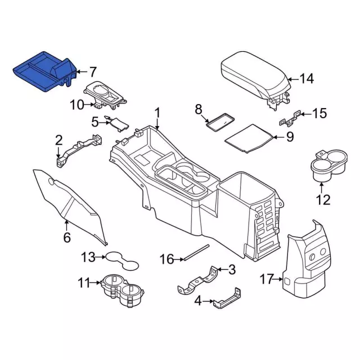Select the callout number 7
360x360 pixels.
pos(92,72)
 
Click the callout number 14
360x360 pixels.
pos(306,79)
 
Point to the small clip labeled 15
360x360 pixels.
pos(288,117)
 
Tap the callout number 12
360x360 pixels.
pos(323,199)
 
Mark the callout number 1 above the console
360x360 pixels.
pos(157,112)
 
